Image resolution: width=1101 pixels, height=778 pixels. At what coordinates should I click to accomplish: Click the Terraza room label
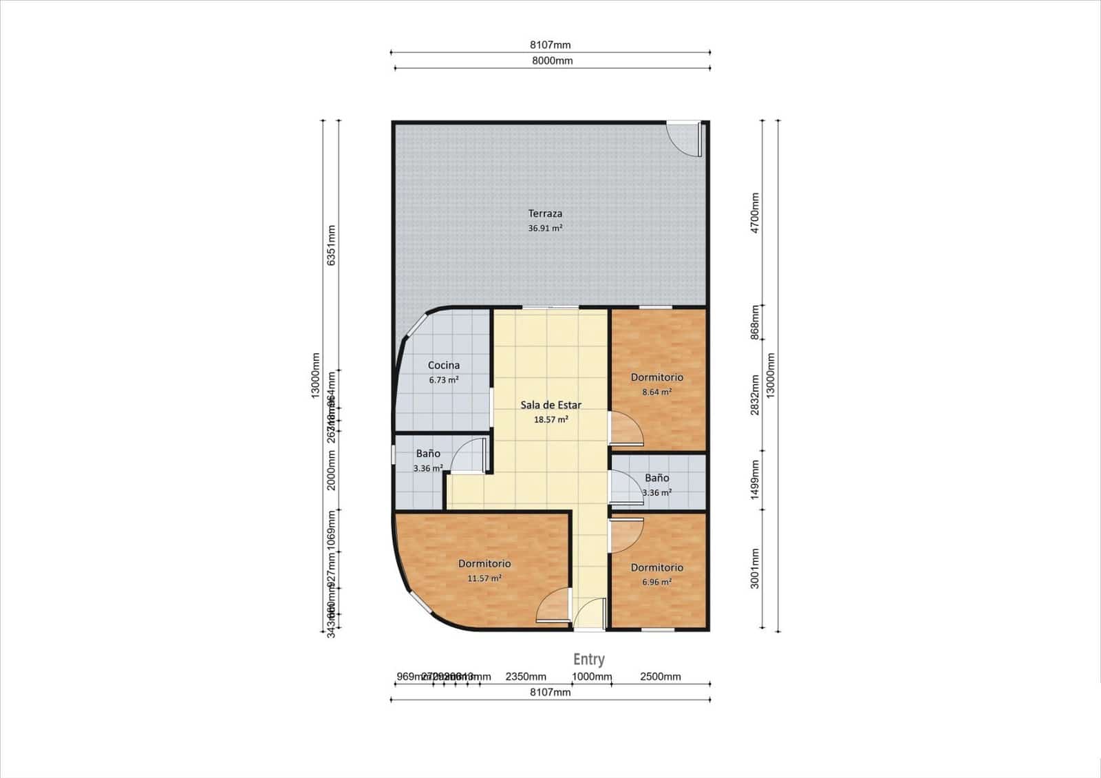(545, 213)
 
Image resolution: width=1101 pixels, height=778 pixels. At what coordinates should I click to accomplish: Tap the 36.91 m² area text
(545, 228)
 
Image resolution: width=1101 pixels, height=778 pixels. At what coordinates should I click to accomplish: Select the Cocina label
(444, 366)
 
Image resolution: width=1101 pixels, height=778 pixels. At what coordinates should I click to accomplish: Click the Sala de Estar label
(550, 405)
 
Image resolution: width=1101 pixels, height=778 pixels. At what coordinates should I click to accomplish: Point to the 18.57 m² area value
(550, 419)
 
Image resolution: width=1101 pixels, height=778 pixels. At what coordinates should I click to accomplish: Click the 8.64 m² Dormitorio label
(657, 377)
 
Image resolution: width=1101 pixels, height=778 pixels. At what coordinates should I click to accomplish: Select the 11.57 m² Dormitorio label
(484, 564)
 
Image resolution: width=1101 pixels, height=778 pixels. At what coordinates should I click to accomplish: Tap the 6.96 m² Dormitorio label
(657, 567)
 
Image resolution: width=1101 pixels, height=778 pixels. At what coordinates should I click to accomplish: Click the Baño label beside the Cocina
(428, 454)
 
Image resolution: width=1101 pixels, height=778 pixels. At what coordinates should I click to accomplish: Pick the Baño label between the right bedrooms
(657, 478)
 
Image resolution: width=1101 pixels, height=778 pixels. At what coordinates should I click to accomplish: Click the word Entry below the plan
(589, 660)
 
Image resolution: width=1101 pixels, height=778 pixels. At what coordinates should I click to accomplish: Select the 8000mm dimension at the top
(552, 61)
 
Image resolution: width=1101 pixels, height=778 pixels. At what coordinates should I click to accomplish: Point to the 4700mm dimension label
(755, 213)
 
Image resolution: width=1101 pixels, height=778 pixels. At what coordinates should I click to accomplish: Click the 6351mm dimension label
(331, 246)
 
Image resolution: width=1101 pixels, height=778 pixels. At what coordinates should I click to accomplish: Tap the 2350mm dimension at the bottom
(526, 677)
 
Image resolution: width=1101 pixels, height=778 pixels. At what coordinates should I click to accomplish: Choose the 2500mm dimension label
(660, 677)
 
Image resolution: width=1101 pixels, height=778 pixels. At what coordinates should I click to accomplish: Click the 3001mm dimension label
(755, 568)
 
